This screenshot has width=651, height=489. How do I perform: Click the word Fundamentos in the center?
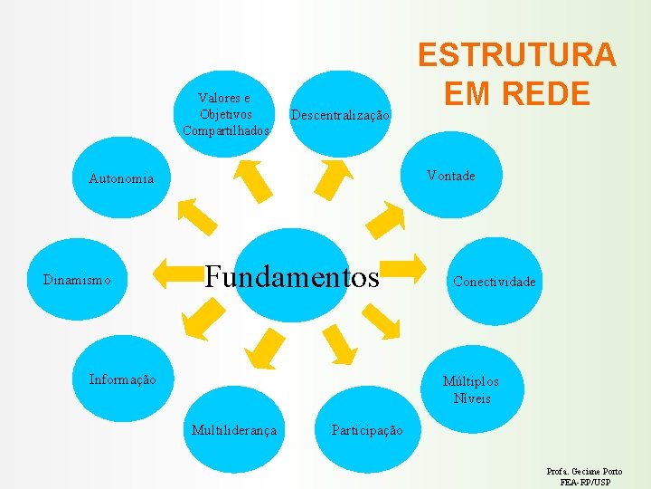coord(292,276)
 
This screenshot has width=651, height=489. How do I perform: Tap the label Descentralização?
coord(340,116)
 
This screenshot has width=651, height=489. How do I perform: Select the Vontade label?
coord(450,176)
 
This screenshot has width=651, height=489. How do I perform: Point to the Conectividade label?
coord(495,282)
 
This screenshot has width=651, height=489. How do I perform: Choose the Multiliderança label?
coord(234,429)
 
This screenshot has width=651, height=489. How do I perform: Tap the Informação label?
coord(122,379)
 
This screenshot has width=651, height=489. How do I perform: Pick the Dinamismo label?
coord(77,281)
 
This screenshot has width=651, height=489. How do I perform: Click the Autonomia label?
coord(121,178)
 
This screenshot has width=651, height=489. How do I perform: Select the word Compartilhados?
coord(226,130)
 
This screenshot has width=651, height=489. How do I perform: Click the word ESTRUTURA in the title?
coord(516,55)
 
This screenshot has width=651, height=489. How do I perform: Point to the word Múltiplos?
coord(470,381)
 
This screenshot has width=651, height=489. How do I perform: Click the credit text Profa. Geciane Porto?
coord(584,472)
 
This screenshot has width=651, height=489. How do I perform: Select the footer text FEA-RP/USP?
coord(585,483)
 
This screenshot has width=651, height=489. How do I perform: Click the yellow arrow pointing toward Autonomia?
coord(196,216)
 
